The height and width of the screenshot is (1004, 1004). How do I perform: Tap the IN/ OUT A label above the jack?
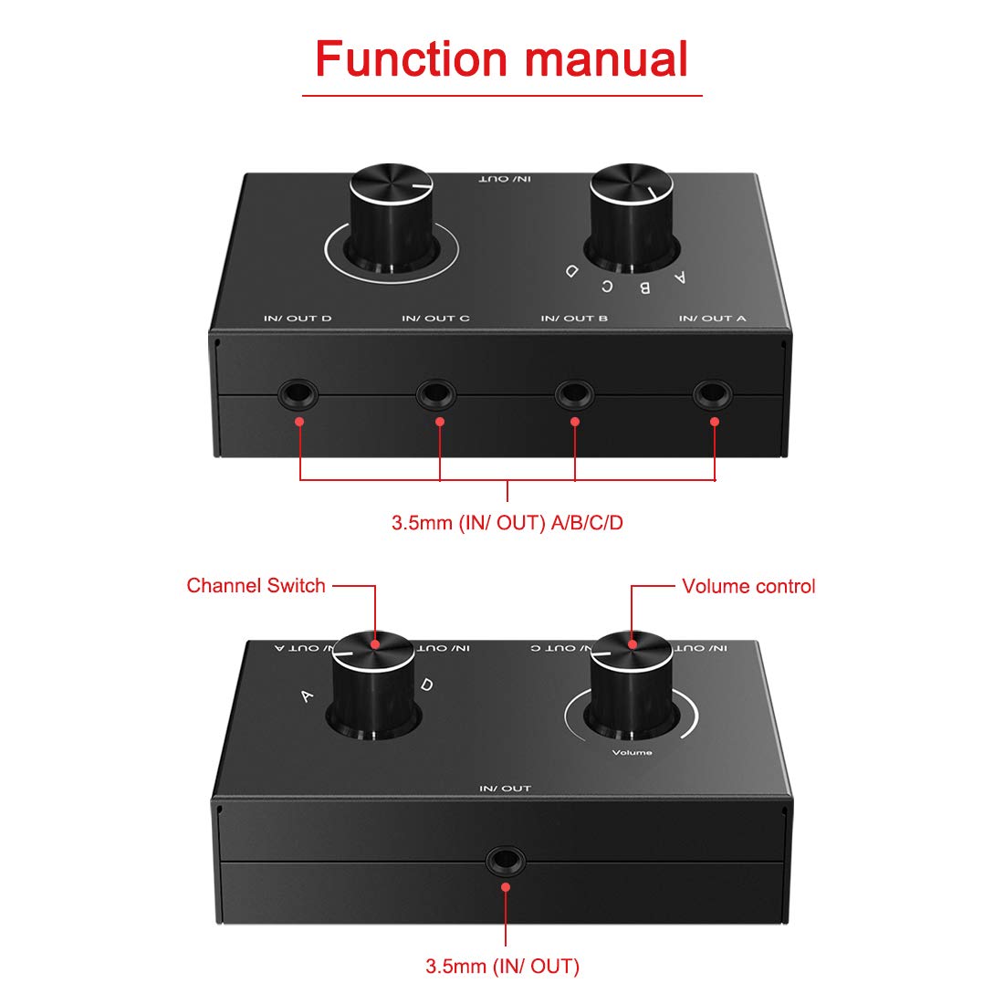[712, 319]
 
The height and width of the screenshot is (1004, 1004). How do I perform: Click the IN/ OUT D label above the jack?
[298, 319]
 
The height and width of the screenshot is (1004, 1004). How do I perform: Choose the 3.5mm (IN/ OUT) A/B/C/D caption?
[507, 523]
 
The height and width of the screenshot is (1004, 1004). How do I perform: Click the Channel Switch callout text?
[256, 586]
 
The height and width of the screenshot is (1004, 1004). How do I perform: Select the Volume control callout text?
[748, 587]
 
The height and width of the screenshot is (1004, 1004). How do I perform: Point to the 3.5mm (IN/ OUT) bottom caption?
[502, 967]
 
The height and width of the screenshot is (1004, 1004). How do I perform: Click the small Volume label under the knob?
[632, 752]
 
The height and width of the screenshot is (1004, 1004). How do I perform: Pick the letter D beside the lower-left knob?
[426, 685]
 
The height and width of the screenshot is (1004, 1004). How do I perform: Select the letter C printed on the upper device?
[606, 285]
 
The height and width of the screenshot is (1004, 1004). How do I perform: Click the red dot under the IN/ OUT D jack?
[299, 421]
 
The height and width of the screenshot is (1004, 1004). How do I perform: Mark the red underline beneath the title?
[502, 95]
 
